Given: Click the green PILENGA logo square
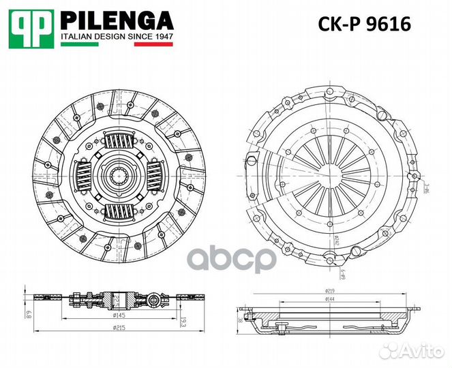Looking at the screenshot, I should [31, 27].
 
